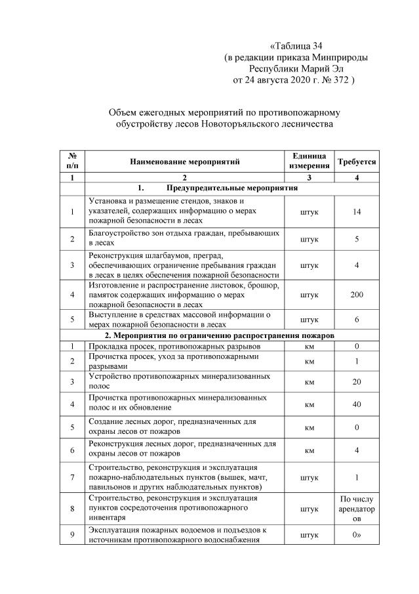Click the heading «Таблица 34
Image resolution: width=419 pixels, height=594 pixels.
tap(296, 46)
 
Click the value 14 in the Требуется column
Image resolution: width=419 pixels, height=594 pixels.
tap(356, 211)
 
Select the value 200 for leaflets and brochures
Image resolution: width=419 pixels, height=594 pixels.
tap(356, 295)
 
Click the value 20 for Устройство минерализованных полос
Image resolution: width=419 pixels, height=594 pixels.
tap(356, 382)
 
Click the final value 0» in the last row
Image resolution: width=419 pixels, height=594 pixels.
tap(356, 535)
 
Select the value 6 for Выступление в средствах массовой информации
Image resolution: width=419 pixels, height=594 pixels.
tap(356, 319)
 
